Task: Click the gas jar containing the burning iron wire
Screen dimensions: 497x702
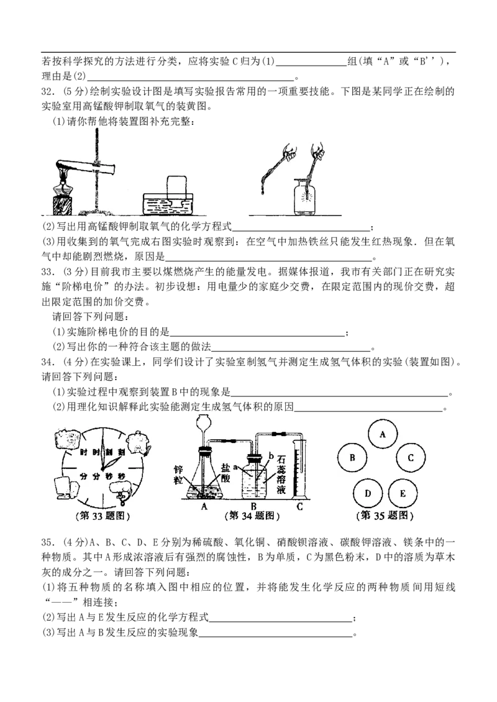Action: (x=304, y=196)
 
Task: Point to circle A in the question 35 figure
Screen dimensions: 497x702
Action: (x=382, y=434)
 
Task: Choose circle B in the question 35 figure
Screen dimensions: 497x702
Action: (x=352, y=458)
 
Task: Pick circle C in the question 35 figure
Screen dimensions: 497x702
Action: (x=411, y=458)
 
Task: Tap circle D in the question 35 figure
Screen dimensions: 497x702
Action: (x=368, y=493)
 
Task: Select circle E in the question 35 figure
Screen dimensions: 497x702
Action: (x=403, y=493)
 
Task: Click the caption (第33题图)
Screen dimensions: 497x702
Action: (x=103, y=516)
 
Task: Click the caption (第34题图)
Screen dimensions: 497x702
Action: (x=252, y=516)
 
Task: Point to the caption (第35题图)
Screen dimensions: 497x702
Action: (x=385, y=516)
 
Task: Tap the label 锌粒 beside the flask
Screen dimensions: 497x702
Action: (x=179, y=475)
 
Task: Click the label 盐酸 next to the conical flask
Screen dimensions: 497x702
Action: (x=226, y=473)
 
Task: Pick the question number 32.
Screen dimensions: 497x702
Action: (x=48, y=91)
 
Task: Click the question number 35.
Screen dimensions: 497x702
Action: (x=48, y=542)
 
